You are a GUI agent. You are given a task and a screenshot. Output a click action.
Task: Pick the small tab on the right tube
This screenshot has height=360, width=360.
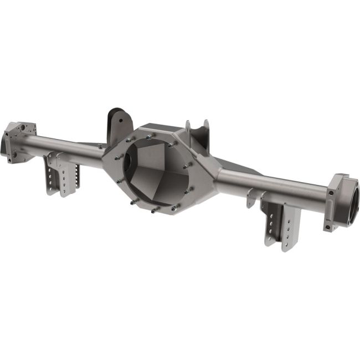253,197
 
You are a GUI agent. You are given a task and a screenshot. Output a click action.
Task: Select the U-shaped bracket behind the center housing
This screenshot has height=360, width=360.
198,133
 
